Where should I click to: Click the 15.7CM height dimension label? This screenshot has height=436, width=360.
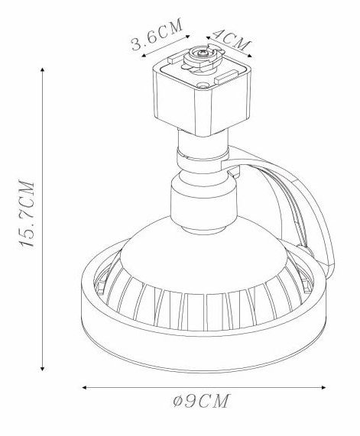click(x=27, y=213)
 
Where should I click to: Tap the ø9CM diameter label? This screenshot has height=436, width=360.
click(x=201, y=401)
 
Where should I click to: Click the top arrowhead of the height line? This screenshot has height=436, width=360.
click(x=42, y=69)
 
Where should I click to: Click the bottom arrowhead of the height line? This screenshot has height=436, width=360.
click(x=42, y=369)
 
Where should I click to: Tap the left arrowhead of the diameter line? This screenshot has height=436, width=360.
click(x=84, y=387)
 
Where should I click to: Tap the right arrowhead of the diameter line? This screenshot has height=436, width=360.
click(x=323, y=387)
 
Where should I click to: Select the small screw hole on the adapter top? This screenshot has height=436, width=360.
click(x=203, y=85)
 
